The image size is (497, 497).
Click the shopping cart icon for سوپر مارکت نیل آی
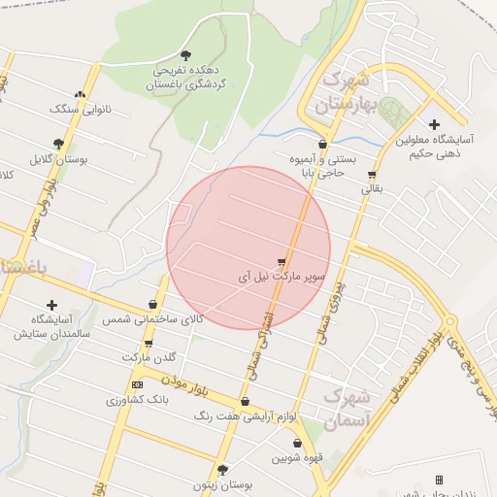pyautogui.click(x=282, y=261)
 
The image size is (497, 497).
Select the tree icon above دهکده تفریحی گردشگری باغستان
pyautogui.click(x=185, y=55)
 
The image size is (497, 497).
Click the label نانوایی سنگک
pyautogui.click(x=82, y=109)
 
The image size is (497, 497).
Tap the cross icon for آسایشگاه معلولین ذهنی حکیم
pyautogui.click(x=433, y=124)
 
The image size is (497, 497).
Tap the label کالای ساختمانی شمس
pyautogui.click(x=155, y=318)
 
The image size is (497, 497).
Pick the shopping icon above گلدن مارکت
pyautogui.click(x=149, y=344)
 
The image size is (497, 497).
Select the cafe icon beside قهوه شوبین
pyautogui.click(x=269, y=445)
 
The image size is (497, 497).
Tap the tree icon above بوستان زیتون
pyautogui.click(x=222, y=469)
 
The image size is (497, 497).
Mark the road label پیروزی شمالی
pyautogui.click(x=330, y=311)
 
